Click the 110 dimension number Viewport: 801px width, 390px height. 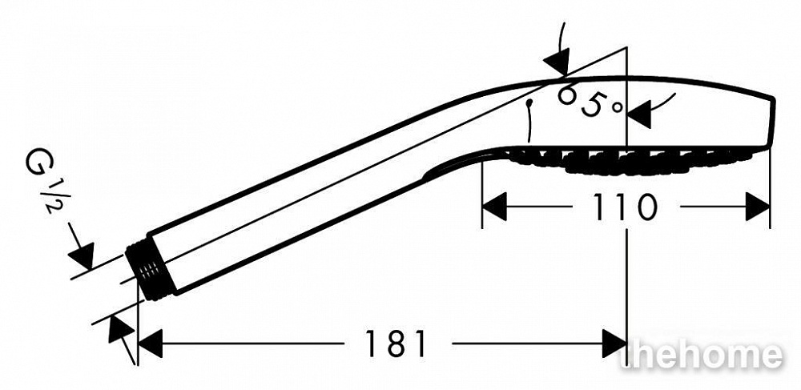(x=625, y=207)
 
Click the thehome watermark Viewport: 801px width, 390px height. (x=701, y=355)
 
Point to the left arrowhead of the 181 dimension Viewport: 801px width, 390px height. (x=151, y=343)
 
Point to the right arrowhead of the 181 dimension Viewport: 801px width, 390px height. (x=614, y=343)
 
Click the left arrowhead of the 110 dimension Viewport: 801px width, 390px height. (x=494, y=207)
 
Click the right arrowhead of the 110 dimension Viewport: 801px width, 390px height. (x=758, y=207)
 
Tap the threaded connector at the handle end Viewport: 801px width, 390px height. (x=151, y=271)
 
